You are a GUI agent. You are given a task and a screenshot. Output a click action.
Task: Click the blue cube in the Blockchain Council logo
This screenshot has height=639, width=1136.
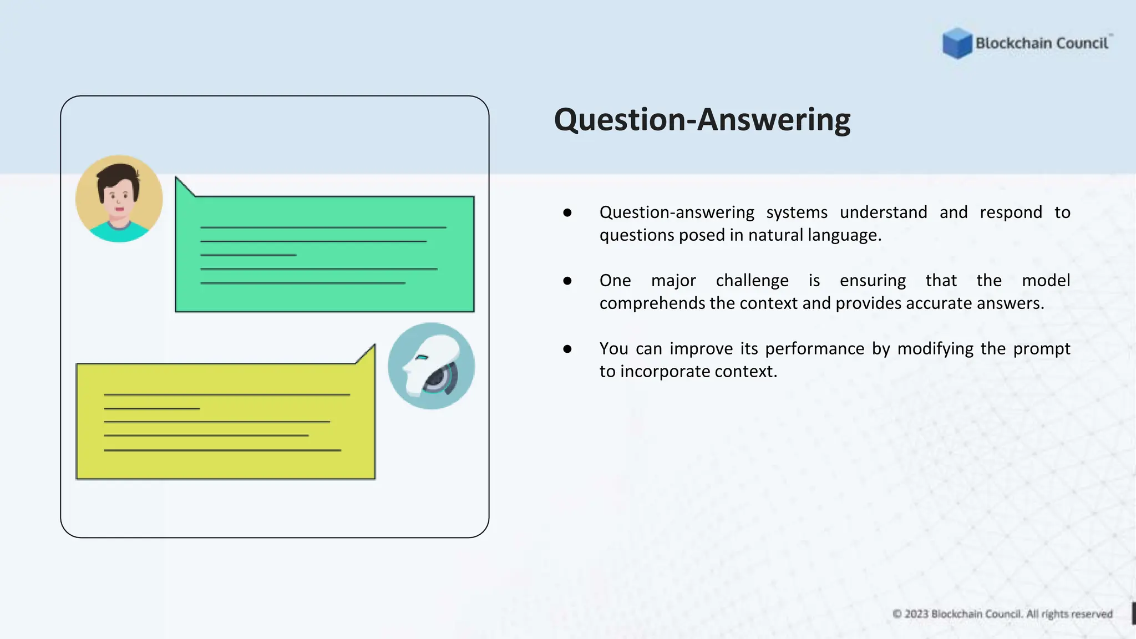click(x=957, y=43)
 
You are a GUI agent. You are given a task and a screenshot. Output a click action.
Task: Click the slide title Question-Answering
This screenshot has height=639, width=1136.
click(x=702, y=120)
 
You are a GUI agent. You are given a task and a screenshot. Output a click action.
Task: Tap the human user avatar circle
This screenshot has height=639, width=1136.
click(x=119, y=199)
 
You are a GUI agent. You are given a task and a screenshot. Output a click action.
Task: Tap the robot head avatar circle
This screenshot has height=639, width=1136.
click(x=431, y=366)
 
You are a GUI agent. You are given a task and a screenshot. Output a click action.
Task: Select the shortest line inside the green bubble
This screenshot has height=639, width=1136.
click(x=248, y=255)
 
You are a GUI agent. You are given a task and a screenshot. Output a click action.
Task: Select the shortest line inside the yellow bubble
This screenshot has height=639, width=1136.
click(x=151, y=409)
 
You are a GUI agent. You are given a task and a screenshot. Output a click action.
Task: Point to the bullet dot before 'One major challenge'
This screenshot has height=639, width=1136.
click(x=567, y=281)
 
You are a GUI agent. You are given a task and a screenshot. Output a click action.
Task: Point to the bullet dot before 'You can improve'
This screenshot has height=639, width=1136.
click(x=567, y=349)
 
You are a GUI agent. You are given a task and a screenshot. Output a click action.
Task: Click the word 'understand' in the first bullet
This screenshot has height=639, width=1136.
click(x=883, y=212)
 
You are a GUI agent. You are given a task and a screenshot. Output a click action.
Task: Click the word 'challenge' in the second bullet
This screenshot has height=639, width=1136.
click(x=752, y=281)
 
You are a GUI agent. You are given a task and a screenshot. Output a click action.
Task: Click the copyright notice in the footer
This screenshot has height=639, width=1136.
click(x=1002, y=614)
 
